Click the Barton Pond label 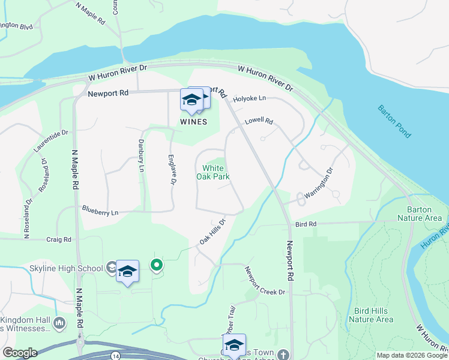(394, 121)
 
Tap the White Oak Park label (213, 172)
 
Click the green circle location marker (157, 264)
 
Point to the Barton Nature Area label (424, 214)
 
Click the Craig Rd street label (59, 239)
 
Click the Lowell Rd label (259, 121)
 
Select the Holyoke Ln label (249, 98)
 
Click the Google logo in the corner (20, 353)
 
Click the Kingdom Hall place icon (59, 324)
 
